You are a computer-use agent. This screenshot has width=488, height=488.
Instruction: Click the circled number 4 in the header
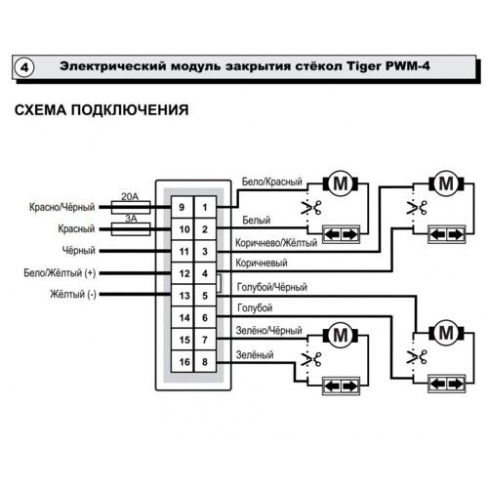click(x=24, y=67)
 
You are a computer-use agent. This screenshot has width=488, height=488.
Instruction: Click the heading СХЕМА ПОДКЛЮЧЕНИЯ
click(x=102, y=109)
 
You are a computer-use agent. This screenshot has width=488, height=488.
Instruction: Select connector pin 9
click(x=182, y=207)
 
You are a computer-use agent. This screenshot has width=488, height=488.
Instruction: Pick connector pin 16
click(x=182, y=362)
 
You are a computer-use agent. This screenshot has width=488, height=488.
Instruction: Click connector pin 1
click(x=204, y=207)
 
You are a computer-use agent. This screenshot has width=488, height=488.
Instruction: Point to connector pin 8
click(x=204, y=362)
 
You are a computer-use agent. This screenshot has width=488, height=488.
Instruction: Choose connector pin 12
click(x=182, y=273)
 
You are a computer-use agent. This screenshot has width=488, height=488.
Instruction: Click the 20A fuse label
click(x=127, y=197)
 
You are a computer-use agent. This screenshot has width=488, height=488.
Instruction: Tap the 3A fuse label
click(x=127, y=220)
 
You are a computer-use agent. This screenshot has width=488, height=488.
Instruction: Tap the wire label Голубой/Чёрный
click(x=271, y=287)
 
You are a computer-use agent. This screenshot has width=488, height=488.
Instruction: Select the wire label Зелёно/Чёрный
click(x=270, y=332)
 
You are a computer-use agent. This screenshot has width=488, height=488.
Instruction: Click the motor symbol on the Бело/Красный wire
click(x=340, y=183)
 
